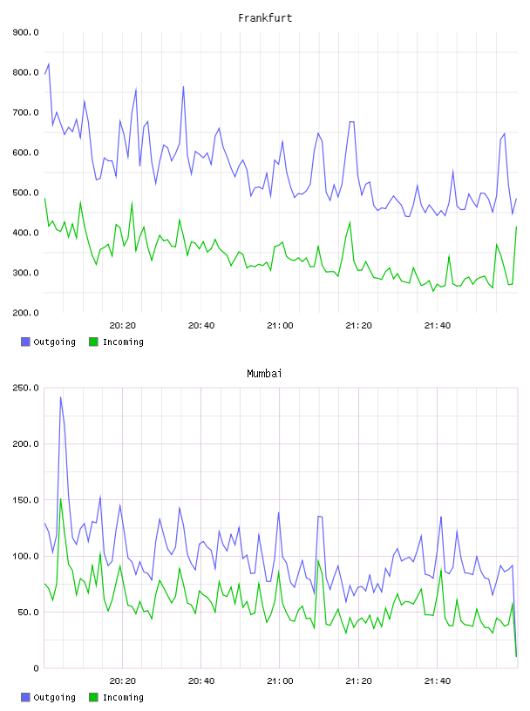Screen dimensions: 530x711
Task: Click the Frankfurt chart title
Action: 265,18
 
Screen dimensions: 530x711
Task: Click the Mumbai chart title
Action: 264,374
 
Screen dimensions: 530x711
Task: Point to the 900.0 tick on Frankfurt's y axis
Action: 26,32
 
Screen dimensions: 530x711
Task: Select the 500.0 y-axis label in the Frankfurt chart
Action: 26,193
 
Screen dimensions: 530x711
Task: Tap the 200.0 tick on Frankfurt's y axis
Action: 26,313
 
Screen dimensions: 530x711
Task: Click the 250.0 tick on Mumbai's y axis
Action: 26,388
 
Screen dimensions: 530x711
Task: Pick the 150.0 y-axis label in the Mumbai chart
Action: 26,500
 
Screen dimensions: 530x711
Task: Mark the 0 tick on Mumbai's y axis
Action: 36,668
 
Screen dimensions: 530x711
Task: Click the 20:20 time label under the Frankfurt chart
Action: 123,326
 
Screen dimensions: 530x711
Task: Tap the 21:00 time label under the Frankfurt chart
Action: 280,326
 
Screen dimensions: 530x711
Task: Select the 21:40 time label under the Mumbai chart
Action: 438,681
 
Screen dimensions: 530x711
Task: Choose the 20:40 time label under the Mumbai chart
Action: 201,681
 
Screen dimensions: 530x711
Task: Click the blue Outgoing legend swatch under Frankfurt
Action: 25,342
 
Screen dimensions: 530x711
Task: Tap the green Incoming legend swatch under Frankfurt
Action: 93,342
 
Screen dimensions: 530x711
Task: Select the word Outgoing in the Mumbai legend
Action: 54,697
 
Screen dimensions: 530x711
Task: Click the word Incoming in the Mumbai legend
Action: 123,697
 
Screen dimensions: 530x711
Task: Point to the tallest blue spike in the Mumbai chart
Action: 61,397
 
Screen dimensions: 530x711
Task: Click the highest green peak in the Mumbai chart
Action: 61,499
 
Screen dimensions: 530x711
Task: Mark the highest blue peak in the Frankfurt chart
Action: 49,64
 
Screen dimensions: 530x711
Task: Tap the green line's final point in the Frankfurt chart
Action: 516,227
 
